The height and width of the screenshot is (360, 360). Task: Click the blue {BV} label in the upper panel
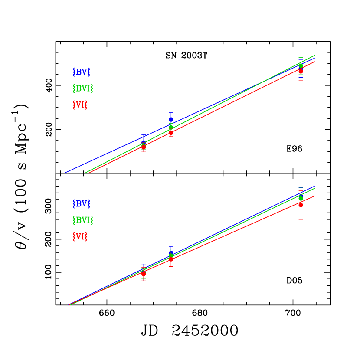pos(81,72)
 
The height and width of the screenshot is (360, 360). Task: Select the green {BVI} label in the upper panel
pos(83,88)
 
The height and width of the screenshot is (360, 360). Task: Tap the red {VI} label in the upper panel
pos(80,105)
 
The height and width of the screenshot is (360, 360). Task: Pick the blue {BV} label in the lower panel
pos(81,203)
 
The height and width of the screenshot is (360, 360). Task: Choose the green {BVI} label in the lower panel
pos(83,220)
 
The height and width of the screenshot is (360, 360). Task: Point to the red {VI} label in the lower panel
pos(80,237)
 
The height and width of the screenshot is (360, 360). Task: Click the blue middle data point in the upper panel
pos(171,119)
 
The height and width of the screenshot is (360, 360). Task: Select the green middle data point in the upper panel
pos(171,128)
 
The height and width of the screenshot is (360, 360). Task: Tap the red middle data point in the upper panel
pos(171,133)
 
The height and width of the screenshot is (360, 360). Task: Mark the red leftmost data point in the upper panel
pos(144,147)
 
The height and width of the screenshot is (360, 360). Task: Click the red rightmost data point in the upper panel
pos(301,71)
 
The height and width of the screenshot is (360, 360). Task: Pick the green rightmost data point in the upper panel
pos(301,65)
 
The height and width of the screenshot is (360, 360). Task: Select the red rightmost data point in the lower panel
pos(301,204)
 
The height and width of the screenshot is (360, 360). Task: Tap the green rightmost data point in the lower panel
pos(301,198)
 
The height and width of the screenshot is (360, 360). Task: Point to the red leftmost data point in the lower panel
pos(144,274)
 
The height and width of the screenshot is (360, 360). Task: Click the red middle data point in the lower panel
pos(171,259)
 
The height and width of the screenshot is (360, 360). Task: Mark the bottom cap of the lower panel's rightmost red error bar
pos(301,219)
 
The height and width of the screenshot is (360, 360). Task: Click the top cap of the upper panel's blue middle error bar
pos(171,113)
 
